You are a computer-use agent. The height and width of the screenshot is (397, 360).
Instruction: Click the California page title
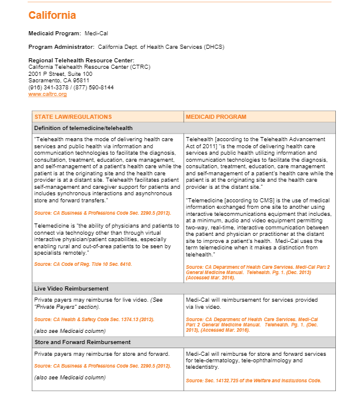pos(52,15)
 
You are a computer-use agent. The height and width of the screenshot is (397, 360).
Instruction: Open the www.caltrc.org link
pos(47,94)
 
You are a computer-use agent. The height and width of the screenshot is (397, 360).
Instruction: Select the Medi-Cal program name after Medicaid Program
pos(96,34)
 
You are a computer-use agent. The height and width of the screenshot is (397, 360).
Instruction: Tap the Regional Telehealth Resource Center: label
pos(81,61)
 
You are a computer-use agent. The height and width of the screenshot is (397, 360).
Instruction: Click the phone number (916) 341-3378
pos(49,88)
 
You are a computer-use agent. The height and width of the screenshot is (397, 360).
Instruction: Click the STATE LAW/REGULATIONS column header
pos(73,117)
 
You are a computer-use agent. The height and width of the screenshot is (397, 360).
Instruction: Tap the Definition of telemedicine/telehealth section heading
pos(84,128)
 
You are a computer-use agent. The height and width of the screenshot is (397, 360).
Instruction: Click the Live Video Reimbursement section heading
pos(71,289)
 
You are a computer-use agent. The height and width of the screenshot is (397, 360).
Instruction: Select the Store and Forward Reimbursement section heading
pos(82,342)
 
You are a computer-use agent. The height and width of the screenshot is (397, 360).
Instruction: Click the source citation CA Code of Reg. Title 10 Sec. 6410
pos(83,265)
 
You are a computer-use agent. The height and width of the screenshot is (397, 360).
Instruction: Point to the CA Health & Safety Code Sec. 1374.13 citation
pos(94,319)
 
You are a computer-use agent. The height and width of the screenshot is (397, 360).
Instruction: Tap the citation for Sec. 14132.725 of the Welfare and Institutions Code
pos(254,381)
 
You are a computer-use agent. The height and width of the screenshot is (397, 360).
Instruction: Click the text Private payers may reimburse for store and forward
pos(102,353)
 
